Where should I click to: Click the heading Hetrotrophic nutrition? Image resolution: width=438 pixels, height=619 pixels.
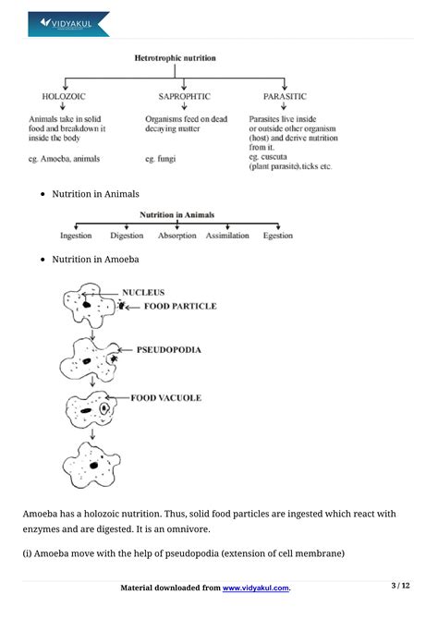tap(176, 58)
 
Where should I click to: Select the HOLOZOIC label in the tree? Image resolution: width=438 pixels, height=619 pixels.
tap(66, 96)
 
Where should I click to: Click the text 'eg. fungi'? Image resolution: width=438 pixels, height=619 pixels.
tap(163, 158)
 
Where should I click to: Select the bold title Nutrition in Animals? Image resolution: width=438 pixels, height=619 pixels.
tap(176, 214)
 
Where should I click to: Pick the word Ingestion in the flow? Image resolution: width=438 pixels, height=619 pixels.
tap(76, 237)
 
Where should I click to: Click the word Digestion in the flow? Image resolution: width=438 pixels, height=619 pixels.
tap(127, 237)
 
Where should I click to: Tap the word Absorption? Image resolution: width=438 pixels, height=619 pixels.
tap(177, 237)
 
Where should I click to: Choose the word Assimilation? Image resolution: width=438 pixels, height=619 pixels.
tap(227, 237)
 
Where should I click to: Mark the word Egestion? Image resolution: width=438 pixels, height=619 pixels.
tap(277, 237)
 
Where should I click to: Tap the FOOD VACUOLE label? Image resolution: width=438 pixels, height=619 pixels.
tap(165, 398)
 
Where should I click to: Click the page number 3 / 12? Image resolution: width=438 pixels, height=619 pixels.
tap(400, 586)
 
